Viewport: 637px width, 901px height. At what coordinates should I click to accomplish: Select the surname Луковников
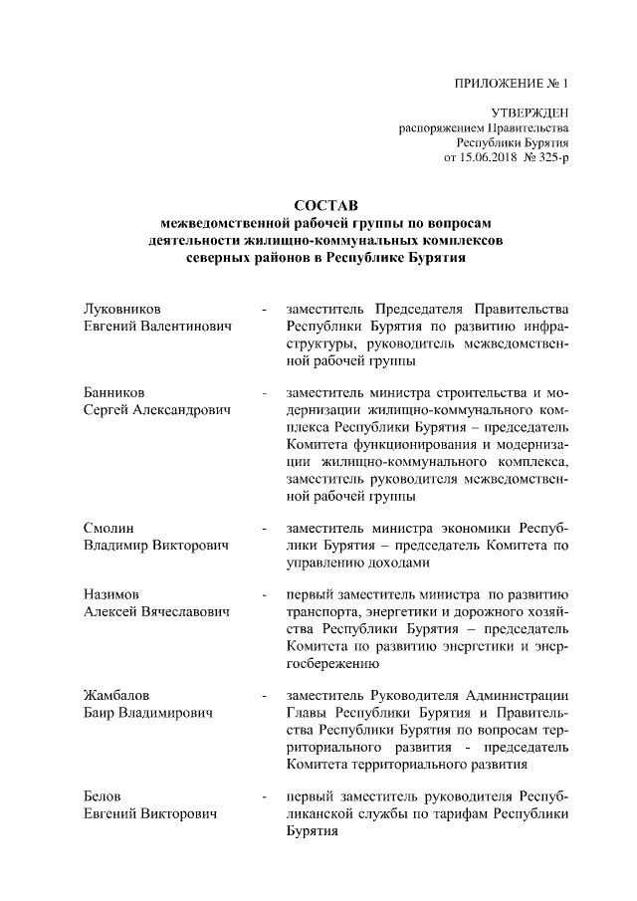(x=122, y=308)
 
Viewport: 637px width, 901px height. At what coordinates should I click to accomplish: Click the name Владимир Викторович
(x=157, y=546)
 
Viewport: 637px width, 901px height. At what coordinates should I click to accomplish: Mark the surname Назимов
(x=112, y=594)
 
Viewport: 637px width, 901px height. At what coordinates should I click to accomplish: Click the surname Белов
(x=104, y=797)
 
